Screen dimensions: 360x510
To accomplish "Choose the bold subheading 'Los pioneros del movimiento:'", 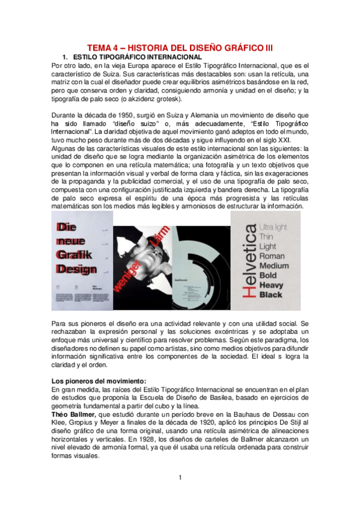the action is click(99, 381).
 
